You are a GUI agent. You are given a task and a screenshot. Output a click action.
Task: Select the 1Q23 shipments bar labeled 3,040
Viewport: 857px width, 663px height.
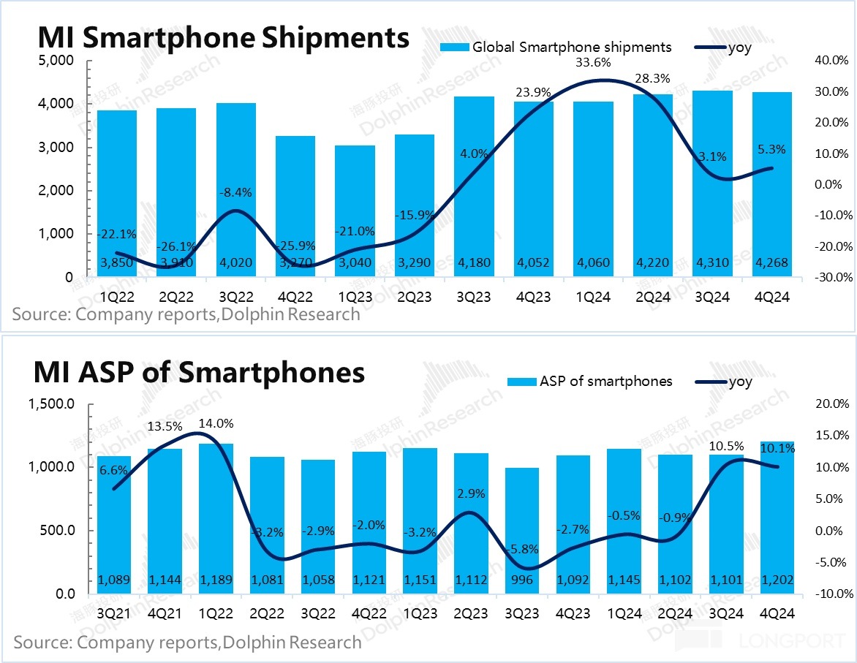coord(355,211)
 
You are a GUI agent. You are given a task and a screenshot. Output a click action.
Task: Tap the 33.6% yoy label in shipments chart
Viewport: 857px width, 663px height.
coord(592,63)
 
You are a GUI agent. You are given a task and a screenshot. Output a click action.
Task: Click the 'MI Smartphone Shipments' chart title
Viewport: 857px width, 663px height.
coord(224,37)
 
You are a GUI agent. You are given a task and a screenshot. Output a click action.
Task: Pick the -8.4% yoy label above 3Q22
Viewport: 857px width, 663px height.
coord(235,193)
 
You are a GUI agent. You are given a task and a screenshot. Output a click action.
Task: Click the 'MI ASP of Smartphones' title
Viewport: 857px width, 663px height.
coord(199,373)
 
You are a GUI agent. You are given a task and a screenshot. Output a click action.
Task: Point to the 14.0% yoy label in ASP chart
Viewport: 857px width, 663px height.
coord(216,423)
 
